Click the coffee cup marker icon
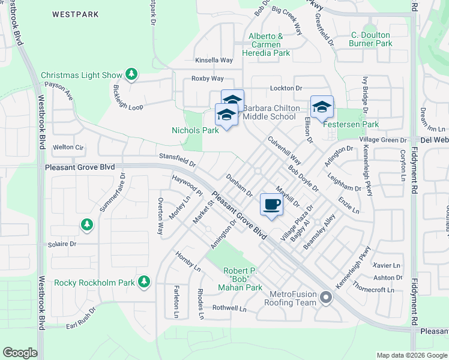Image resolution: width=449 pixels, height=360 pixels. [272, 205]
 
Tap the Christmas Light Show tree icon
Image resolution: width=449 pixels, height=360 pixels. [131, 75]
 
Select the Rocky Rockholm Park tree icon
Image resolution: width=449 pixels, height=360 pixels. [143, 281]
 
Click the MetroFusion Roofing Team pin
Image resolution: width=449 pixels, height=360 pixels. [326, 297]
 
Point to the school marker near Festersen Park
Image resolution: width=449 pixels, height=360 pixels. [322, 107]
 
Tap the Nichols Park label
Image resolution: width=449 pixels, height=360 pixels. [195, 130]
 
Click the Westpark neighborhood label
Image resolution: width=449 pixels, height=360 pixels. [76, 13]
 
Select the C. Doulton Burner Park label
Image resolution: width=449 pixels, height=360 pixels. [371, 39]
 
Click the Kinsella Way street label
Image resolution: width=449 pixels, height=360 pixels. [214, 61]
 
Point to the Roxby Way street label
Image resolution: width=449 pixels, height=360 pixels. [207, 79]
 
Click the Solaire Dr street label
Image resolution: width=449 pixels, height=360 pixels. [63, 244]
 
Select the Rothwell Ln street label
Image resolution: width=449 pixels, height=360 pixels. [229, 309]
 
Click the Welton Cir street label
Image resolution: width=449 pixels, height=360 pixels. [67, 147]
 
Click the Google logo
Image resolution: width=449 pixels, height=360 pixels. [20, 353]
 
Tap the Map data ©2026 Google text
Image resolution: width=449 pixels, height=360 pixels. [412, 355]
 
